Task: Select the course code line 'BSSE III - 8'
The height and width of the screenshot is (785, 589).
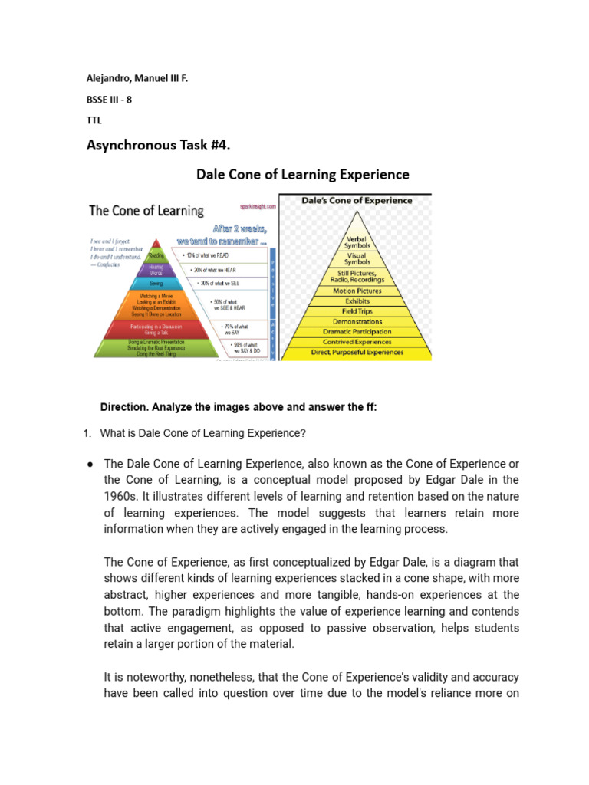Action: pyautogui.click(x=107, y=99)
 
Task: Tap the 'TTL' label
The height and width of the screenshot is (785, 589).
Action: pyautogui.click(x=92, y=120)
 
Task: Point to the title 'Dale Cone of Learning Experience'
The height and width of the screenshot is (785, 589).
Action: pyautogui.click(x=303, y=174)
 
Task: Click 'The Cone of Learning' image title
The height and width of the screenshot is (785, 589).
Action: pyautogui.click(x=146, y=210)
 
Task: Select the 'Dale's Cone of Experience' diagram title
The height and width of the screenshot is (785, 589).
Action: pyautogui.click(x=356, y=201)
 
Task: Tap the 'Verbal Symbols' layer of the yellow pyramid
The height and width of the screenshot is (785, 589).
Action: pyautogui.click(x=356, y=241)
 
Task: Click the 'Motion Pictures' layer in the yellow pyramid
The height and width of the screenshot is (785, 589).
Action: pyautogui.click(x=356, y=291)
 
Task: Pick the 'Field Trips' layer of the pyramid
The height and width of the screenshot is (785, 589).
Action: pyautogui.click(x=356, y=311)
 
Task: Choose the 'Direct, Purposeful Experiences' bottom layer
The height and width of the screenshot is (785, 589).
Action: pyautogui.click(x=356, y=352)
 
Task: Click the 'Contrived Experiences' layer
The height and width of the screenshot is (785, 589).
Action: pyautogui.click(x=356, y=342)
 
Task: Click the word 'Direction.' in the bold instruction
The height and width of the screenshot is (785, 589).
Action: pyautogui.click(x=123, y=407)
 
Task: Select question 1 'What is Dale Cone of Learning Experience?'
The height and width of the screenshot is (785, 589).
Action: pyautogui.click(x=202, y=433)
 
